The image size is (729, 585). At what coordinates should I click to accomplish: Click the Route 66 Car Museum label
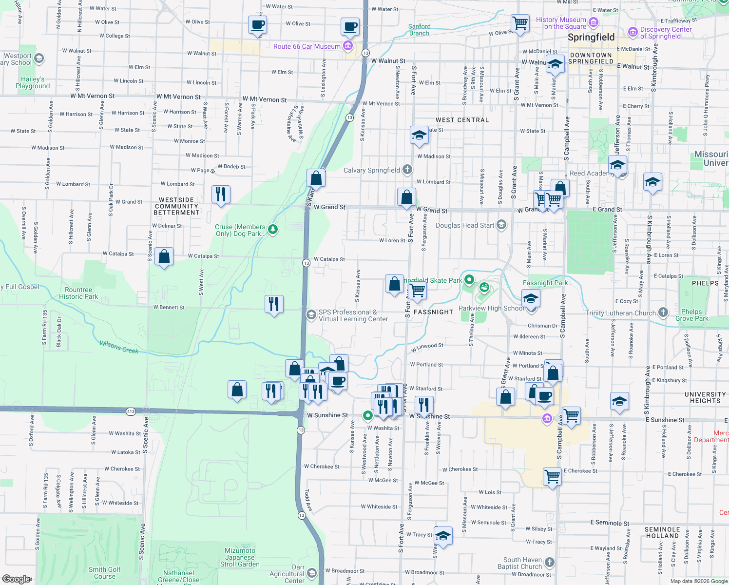(x=307, y=46)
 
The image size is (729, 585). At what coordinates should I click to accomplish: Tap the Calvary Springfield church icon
(x=407, y=170)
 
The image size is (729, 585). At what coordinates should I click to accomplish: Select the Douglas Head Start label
(x=464, y=225)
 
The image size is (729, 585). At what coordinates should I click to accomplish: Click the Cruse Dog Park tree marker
(x=273, y=230)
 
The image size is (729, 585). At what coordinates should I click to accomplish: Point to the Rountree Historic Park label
(x=78, y=293)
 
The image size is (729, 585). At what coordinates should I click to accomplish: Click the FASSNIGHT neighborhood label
(x=433, y=312)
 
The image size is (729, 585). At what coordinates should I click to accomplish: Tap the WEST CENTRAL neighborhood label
(x=462, y=120)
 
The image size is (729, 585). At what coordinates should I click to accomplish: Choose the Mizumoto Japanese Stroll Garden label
(x=240, y=557)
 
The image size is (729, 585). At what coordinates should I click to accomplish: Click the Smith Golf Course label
(x=105, y=573)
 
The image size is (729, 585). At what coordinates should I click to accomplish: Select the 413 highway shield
(x=131, y=412)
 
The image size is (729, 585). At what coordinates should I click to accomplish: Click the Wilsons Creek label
(x=119, y=347)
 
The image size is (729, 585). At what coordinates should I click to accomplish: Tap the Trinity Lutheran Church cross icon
(x=663, y=312)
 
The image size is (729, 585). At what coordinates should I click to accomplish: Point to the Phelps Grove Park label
(x=691, y=315)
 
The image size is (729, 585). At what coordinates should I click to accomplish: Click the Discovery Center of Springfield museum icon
(x=633, y=32)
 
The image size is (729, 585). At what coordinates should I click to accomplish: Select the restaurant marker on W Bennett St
(x=274, y=304)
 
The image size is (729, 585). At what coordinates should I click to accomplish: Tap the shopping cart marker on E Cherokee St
(x=553, y=476)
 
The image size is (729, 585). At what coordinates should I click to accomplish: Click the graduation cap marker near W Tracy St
(x=443, y=536)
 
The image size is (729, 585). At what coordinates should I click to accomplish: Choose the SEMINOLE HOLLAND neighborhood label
(x=662, y=532)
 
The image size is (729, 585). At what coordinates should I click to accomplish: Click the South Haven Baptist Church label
(x=522, y=563)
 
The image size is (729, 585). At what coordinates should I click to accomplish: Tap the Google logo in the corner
(x=16, y=579)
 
